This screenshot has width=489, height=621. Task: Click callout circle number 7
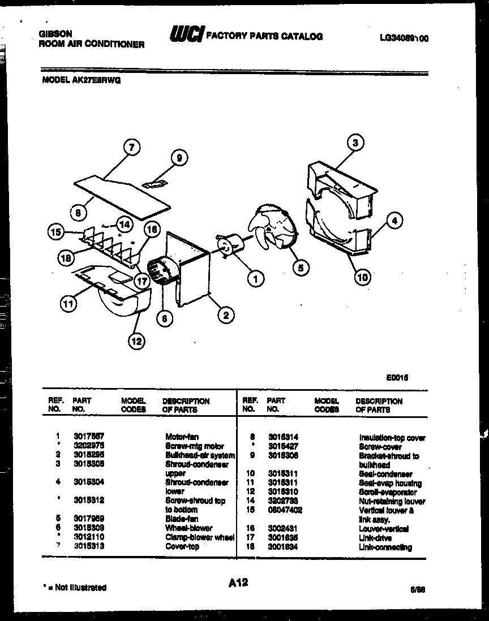pyautogui.click(x=131, y=148)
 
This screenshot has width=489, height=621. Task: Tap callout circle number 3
pyautogui.click(x=355, y=143)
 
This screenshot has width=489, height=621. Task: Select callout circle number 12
pyautogui.click(x=136, y=340)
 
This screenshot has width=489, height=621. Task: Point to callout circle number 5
pyautogui.click(x=301, y=266)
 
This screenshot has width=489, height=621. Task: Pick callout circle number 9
pyautogui.click(x=179, y=158)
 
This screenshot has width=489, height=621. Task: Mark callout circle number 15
pyautogui.click(x=55, y=231)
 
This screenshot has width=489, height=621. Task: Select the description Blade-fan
pyautogui.click(x=181, y=519)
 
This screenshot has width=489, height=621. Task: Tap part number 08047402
pyautogui.click(x=284, y=510)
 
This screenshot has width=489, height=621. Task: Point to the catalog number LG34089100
pyautogui.click(x=404, y=38)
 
